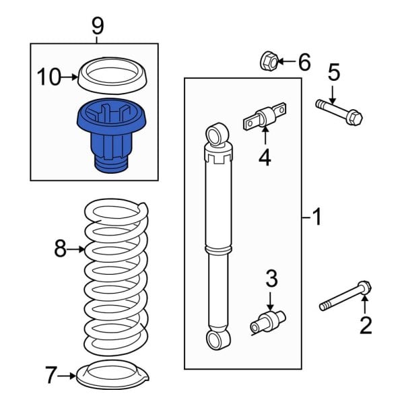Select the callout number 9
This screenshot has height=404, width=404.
point(98,26)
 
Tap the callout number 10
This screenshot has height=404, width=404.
point(49,77)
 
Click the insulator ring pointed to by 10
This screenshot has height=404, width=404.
point(112,75)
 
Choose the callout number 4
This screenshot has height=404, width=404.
point(265,158)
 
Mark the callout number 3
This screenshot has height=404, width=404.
point(271,277)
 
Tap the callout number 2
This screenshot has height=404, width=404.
point(366,326)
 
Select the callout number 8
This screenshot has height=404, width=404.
point(61,250)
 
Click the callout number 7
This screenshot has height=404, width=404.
point(50,375)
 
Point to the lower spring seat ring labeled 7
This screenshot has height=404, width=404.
point(112,374)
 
